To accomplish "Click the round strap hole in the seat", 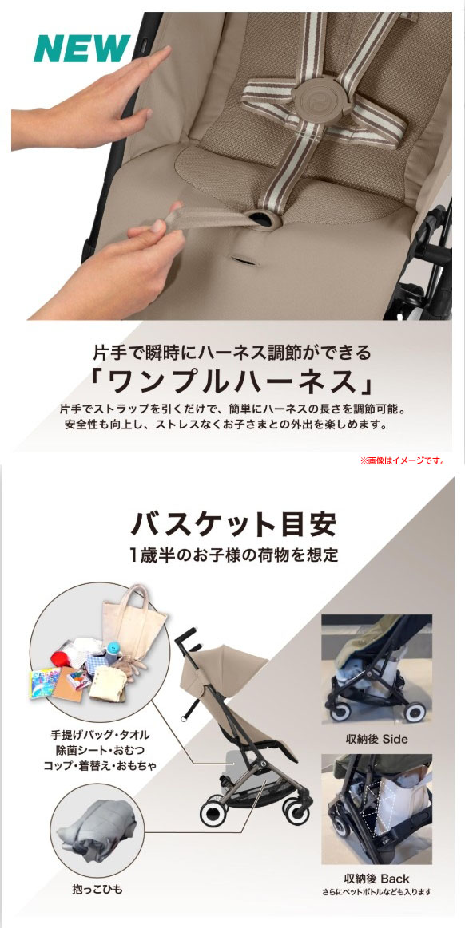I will [x=260, y=219].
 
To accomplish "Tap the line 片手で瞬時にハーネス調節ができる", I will [x=232, y=351].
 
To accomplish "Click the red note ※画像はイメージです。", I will [x=403, y=460].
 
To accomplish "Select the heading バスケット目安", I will [x=232, y=524].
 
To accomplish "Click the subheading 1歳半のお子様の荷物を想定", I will [x=232, y=555].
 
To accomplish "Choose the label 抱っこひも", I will [x=95, y=887].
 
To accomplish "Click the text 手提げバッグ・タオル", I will [x=100, y=733].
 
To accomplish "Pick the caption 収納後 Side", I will [x=376, y=739].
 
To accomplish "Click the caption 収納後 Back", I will [x=376, y=879].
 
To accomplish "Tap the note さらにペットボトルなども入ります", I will [x=376, y=892].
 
